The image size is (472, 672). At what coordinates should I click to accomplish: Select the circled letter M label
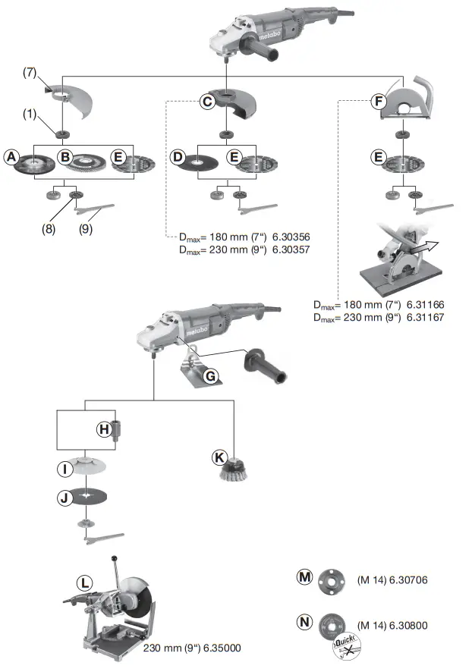coord(305,577)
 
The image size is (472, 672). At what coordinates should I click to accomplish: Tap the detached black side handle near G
coord(263,364)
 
